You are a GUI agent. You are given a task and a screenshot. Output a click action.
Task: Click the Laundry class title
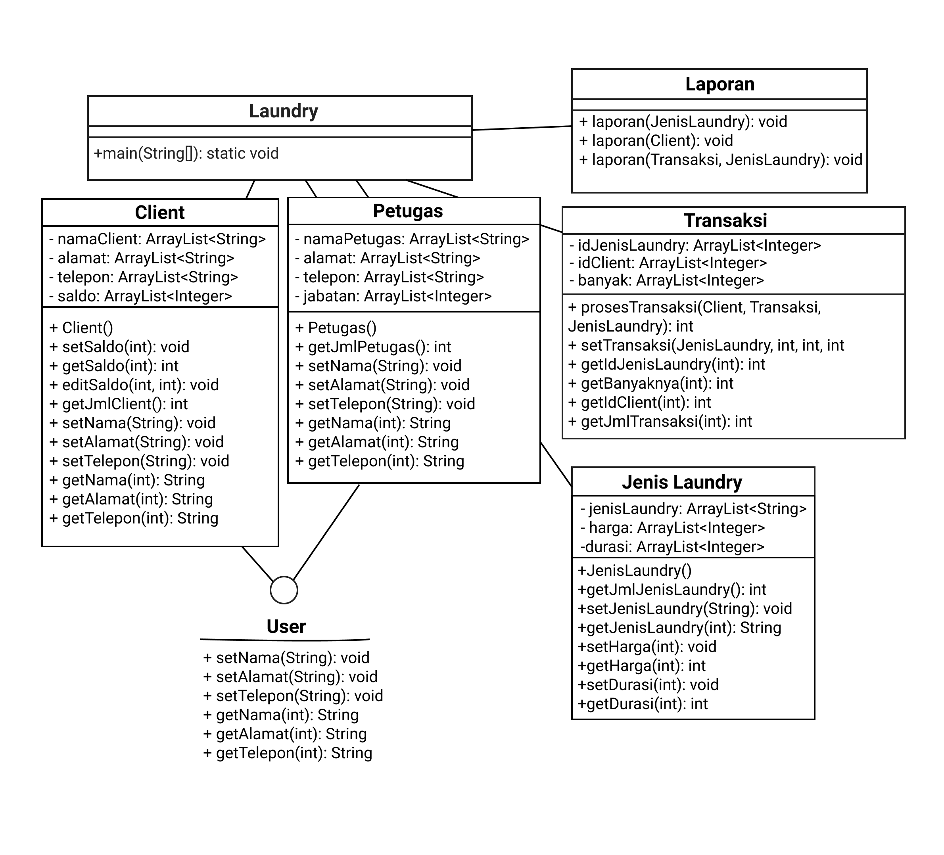[283, 111]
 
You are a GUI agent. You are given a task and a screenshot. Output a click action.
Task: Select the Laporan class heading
[720, 84]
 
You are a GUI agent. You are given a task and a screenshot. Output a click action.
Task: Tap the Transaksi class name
[725, 220]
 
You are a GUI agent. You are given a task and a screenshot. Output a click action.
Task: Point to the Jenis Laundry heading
[682, 482]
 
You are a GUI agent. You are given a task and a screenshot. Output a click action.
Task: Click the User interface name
[286, 627]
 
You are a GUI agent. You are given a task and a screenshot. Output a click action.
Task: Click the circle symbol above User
[284, 590]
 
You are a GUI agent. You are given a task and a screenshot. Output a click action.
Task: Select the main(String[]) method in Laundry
[186, 153]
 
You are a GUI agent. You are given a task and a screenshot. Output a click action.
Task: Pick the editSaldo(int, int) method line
[134, 385]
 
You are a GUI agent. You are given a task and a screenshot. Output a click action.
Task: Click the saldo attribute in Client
[140, 296]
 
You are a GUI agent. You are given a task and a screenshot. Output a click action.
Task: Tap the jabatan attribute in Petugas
[393, 296]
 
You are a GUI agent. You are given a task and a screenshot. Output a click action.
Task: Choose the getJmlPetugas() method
[373, 347]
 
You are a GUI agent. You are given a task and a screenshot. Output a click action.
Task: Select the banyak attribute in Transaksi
[666, 280]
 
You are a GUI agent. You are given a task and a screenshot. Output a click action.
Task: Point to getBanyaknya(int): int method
[650, 383]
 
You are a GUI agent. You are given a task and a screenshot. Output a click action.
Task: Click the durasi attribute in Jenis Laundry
[672, 547]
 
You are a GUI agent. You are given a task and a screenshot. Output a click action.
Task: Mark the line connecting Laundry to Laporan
[522, 128]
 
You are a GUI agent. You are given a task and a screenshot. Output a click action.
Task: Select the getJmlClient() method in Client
[119, 404]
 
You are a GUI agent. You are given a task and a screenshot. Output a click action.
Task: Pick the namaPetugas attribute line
[412, 239]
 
